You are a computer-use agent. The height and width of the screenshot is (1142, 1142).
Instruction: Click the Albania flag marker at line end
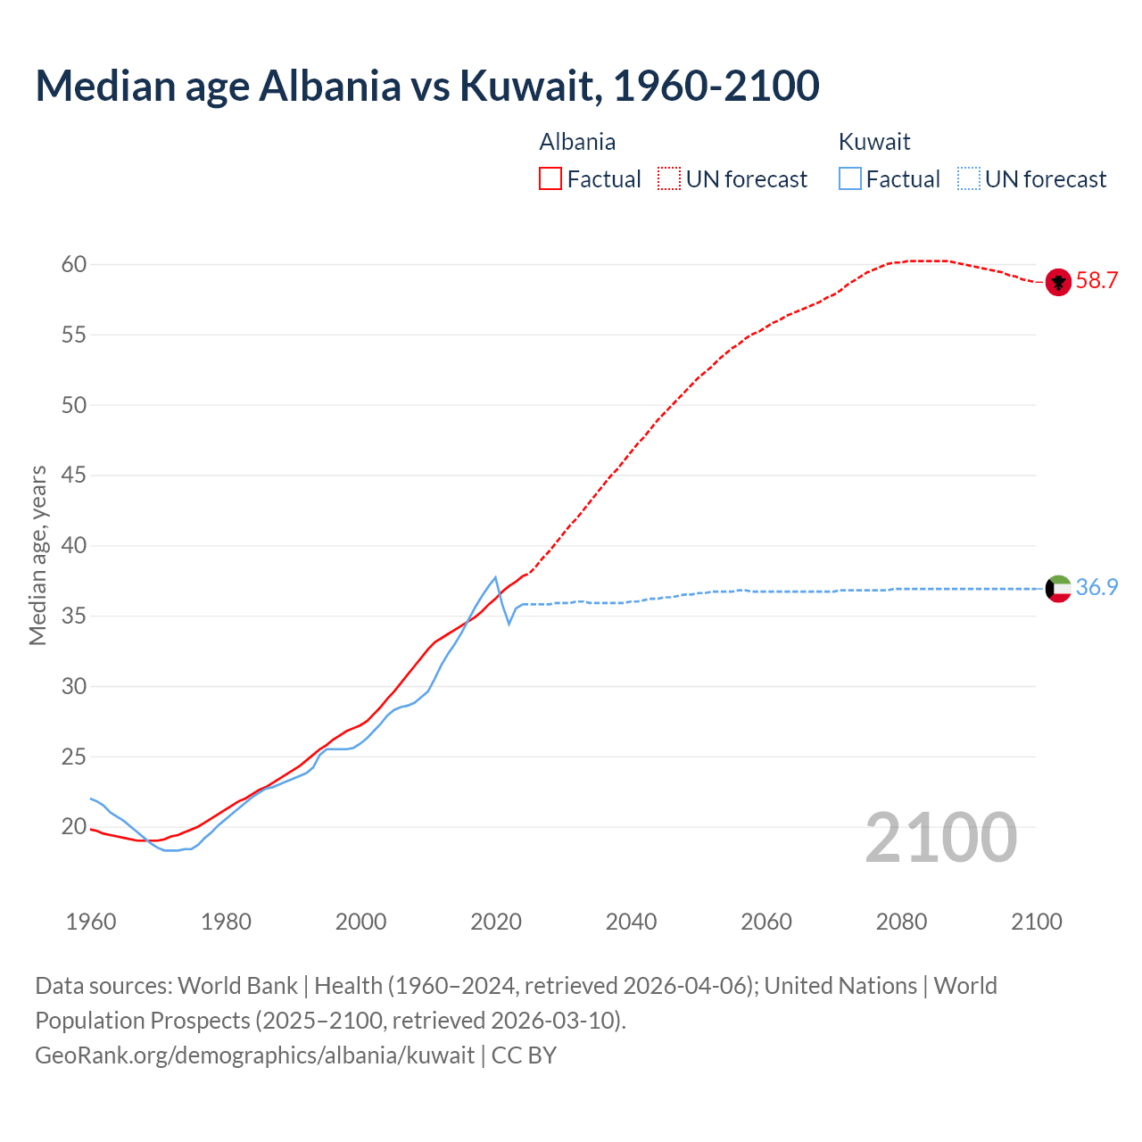(x=1058, y=282)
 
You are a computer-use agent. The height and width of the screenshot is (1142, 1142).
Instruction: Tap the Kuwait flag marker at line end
(x=1058, y=589)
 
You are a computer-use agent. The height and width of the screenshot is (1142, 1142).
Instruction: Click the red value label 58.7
(x=1096, y=281)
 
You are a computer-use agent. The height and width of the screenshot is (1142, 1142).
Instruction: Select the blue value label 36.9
(x=1096, y=588)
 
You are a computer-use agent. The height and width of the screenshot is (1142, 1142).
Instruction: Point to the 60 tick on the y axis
(x=74, y=264)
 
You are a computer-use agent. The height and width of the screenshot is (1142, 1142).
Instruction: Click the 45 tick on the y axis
(x=74, y=476)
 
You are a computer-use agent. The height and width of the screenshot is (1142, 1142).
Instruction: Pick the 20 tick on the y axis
(x=74, y=827)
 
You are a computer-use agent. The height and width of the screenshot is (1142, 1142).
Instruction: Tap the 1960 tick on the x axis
(x=91, y=922)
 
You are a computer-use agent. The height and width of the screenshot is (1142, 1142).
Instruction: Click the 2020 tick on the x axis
(x=496, y=922)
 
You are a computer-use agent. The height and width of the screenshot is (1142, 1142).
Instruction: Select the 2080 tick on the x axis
(x=901, y=922)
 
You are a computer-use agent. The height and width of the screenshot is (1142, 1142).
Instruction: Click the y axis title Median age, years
(x=37, y=555)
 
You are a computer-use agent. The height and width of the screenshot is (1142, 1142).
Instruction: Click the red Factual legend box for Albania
(x=550, y=179)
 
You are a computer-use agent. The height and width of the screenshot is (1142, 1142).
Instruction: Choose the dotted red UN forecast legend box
(x=669, y=179)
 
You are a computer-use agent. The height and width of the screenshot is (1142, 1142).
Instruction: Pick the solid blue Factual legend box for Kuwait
(x=850, y=179)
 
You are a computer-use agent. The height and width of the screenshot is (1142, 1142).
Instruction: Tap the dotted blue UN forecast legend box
(x=969, y=179)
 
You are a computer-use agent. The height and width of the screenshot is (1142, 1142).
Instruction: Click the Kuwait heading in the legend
(x=874, y=142)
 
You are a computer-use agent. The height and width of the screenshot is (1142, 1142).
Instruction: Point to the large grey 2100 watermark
(x=940, y=838)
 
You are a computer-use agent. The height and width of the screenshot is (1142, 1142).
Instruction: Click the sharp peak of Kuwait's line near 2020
(x=495, y=577)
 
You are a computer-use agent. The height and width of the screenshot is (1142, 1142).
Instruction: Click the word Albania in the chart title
(x=330, y=86)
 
